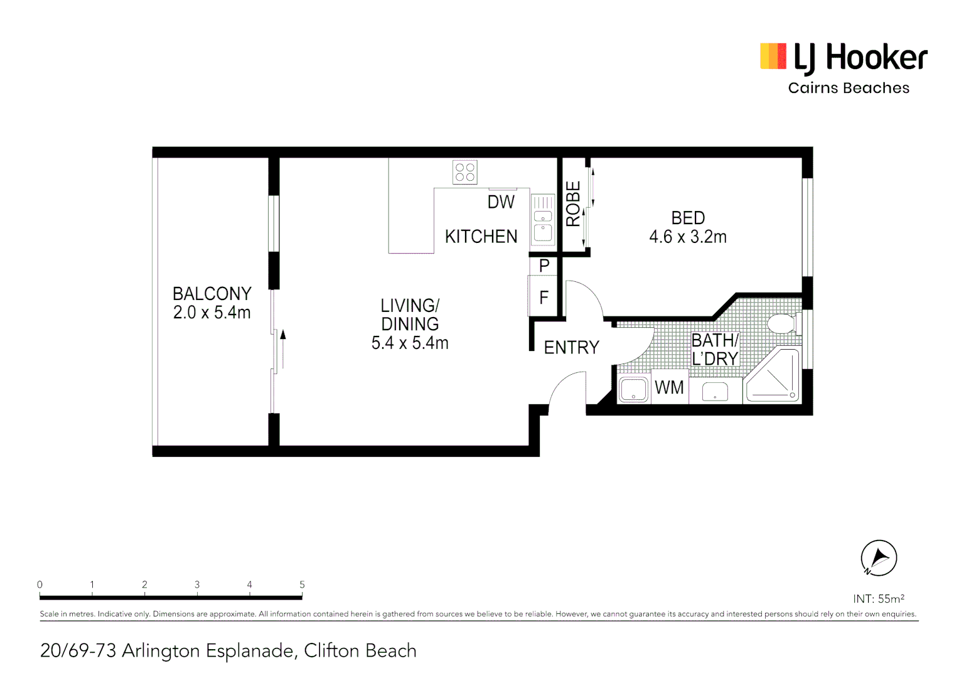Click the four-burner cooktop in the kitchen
click(465, 172)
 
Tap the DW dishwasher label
click(501, 202)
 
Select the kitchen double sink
click(543, 219)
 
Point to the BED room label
click(688, 218)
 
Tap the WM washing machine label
click(669, 388)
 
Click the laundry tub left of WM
click(634, 389)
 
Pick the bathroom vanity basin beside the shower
click(715, 391)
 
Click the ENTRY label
click(571, 348)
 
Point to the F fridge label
click(544, 297)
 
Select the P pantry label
click(544, 266)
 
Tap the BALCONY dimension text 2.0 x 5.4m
click(212, 313)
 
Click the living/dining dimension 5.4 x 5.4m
click(410, 343)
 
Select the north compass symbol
click(879, 557)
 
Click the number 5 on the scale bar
click(302, 584)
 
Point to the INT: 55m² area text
click(879, 599)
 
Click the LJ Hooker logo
click(844, 57)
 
